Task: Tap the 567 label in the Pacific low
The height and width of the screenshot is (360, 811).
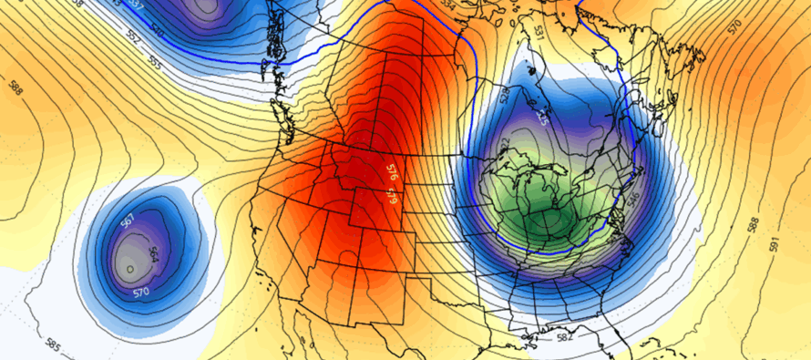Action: click(128, 221)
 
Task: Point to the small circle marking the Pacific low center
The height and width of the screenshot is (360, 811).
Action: click(130, 269)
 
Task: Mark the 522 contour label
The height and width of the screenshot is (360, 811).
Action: click(505, 144)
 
